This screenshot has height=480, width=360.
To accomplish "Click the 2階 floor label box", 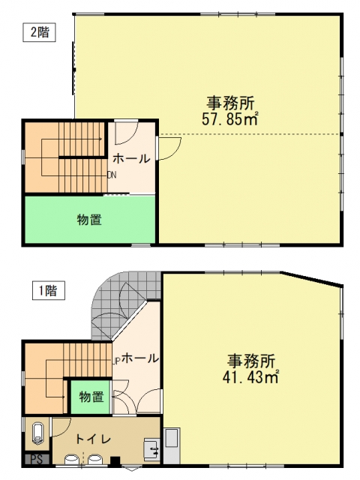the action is pos(40,32).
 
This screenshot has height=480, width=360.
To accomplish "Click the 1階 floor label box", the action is pos(49,290).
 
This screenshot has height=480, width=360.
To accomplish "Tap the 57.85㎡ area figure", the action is pos(230,119).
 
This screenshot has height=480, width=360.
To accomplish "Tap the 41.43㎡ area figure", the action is pos(250,377).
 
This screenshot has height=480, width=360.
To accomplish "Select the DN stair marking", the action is pos(112,175).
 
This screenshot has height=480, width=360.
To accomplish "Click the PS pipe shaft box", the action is pos(37,459).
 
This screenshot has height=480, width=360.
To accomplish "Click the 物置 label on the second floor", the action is pos(89,220).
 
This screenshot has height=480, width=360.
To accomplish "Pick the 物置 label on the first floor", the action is pos(91,397).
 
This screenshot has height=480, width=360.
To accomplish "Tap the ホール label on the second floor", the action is pos(132,158).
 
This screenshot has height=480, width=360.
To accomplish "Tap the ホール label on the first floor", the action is pos(140,358).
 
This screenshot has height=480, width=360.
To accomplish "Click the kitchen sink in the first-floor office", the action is pos(172,438).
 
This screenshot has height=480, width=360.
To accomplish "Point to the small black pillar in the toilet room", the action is pos(115,461).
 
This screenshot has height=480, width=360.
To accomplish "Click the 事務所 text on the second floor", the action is pos(230,103).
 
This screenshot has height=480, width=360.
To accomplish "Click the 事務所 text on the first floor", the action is pos(251,361).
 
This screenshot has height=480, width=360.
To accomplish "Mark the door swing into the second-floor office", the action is pos(170,148).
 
